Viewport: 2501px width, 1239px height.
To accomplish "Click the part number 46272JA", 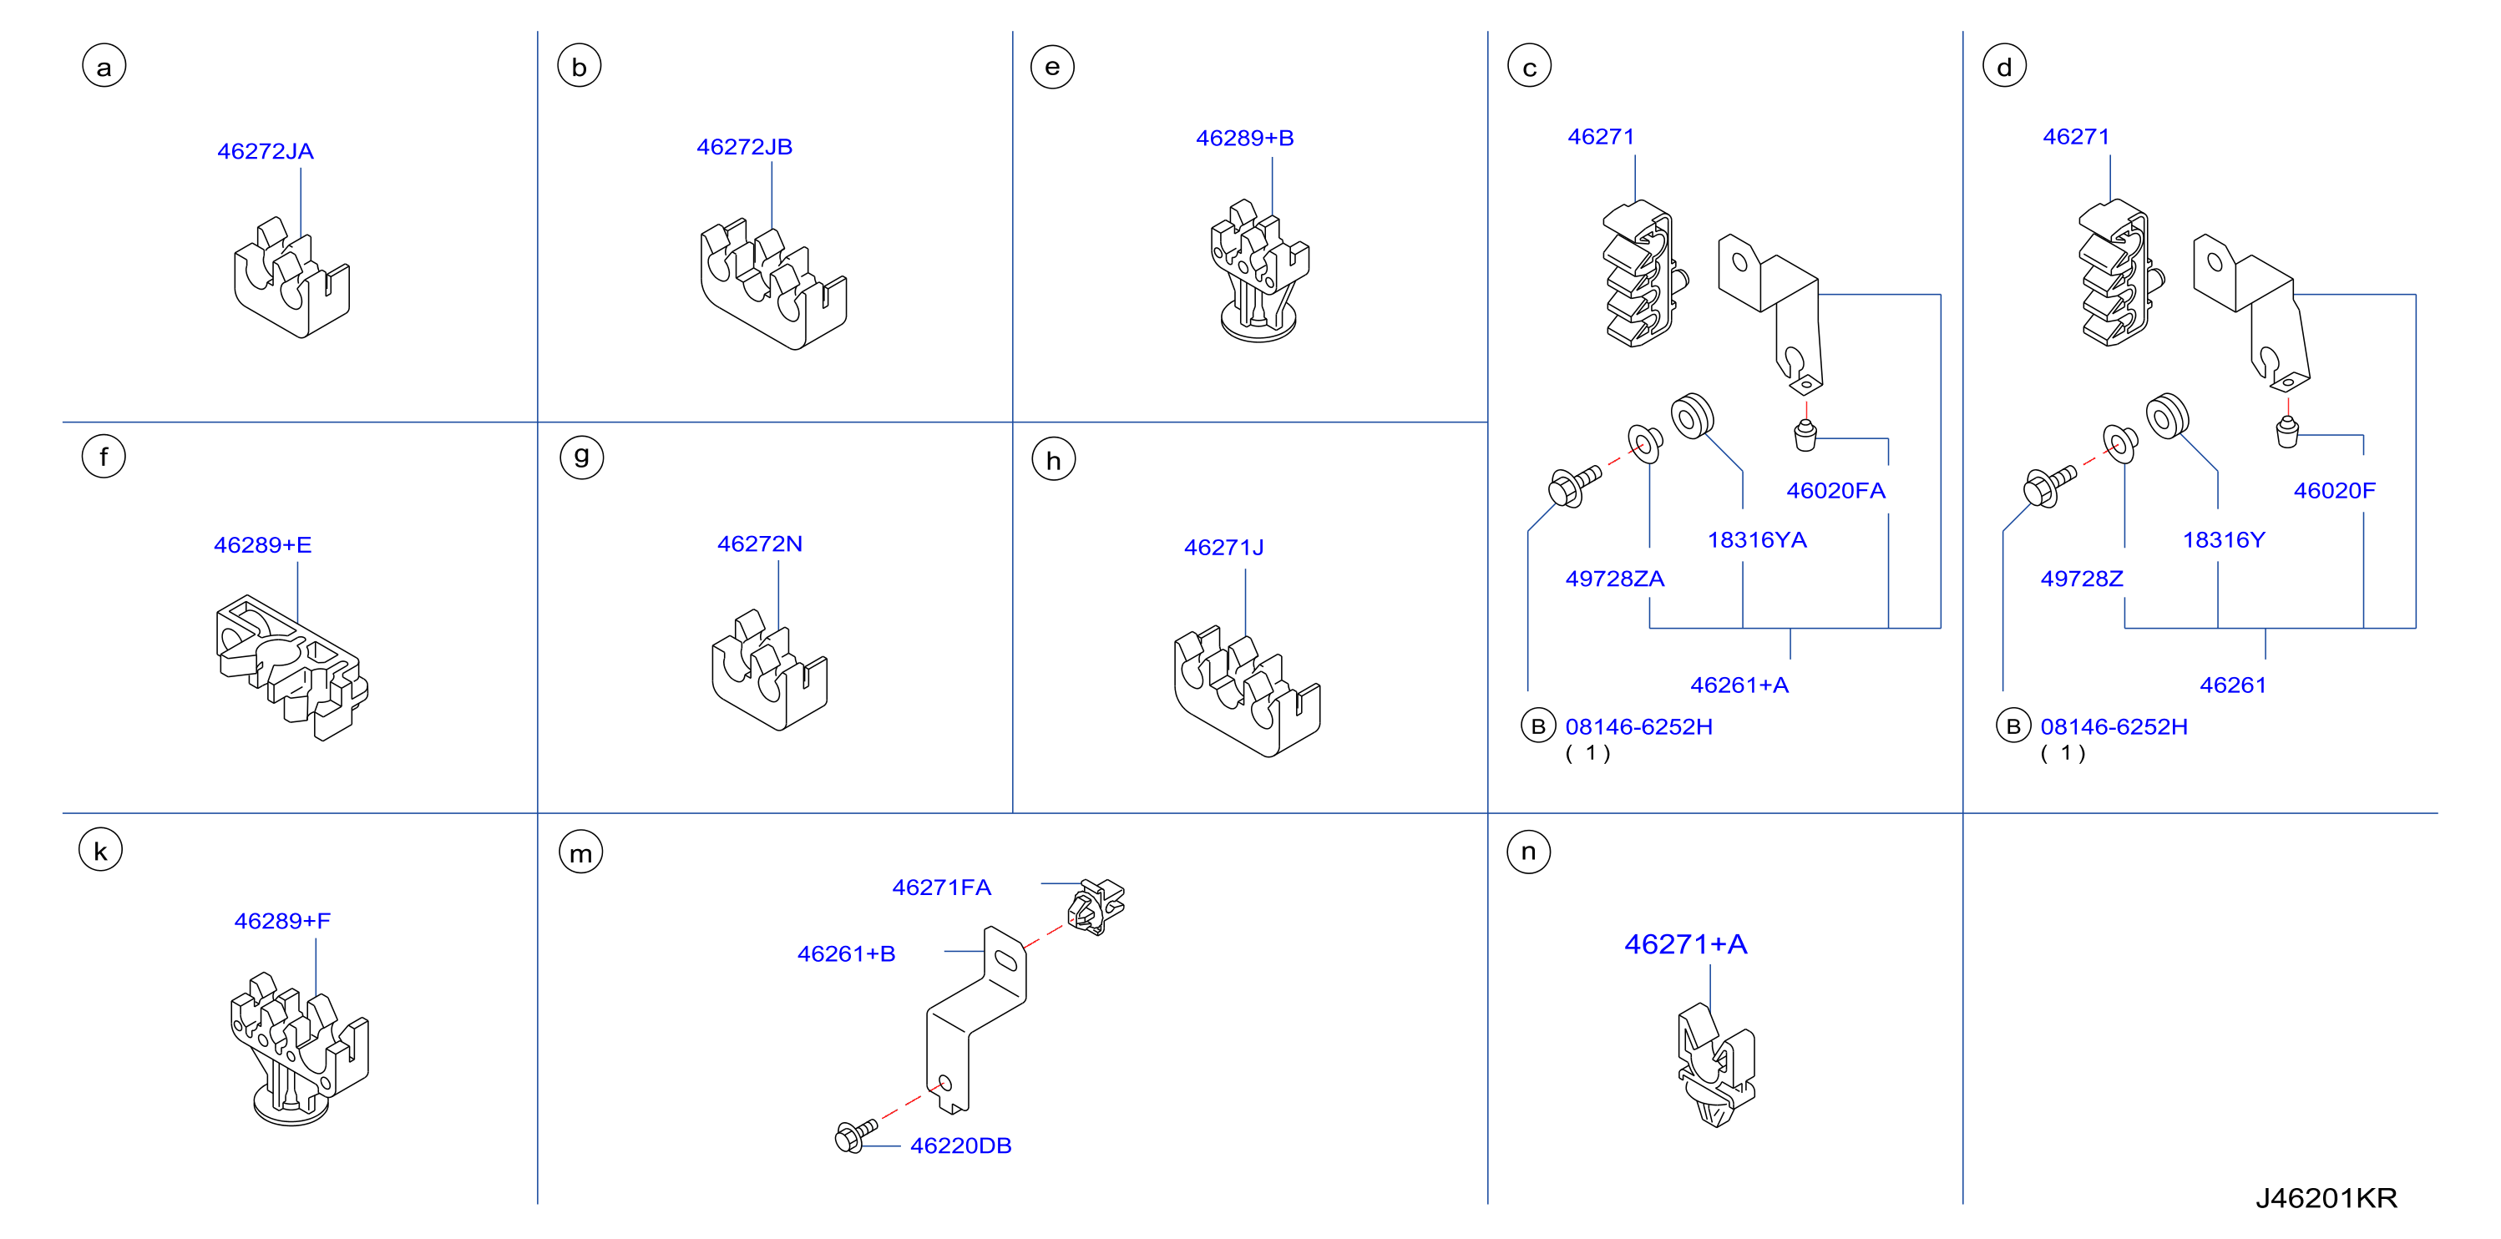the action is click(x=265, y=151).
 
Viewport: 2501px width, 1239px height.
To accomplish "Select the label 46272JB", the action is click(x=745, y=147).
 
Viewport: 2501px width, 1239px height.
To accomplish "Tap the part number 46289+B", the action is click(x=1245, y=138).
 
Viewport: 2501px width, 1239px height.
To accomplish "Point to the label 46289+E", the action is click(x=263, y=544).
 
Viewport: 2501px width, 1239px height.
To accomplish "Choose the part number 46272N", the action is click(x=760, y=544).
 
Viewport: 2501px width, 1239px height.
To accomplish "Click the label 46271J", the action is click(x=1224, y=548).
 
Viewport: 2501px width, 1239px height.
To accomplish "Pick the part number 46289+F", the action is click(x=282, y=921).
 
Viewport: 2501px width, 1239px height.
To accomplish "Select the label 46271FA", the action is click(x=942, y=888).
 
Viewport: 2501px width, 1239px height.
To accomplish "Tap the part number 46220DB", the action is click(x=961, y=1145).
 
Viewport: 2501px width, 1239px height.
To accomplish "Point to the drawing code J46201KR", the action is click(x=2326, y=1198).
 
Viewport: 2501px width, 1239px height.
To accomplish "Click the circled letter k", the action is click(x=101, y=851).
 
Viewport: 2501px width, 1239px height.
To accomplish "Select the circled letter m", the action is click(x=580, y=852).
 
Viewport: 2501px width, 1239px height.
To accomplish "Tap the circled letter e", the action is click(x=1052, y=67).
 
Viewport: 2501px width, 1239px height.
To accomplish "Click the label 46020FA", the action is click(x=1836, y=490).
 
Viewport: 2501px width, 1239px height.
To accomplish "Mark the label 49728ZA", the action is click(x=1614, y=579).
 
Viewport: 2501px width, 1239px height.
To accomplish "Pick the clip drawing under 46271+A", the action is click(x=1715, y=1065).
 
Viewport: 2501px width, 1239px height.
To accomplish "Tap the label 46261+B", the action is click(x=847, y=953).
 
